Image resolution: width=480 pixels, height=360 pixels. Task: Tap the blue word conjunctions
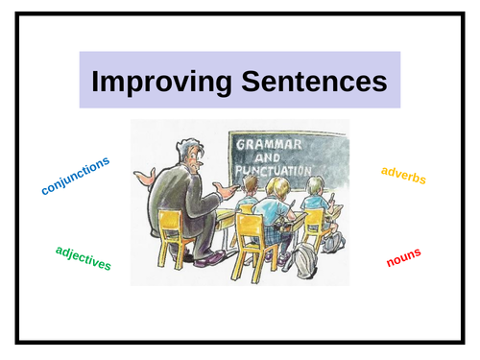[76, 176]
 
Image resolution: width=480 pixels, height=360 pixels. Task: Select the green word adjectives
[84, 257]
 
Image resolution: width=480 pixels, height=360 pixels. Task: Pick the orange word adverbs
[403, 175]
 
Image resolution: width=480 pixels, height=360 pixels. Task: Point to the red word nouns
[403, 257]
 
